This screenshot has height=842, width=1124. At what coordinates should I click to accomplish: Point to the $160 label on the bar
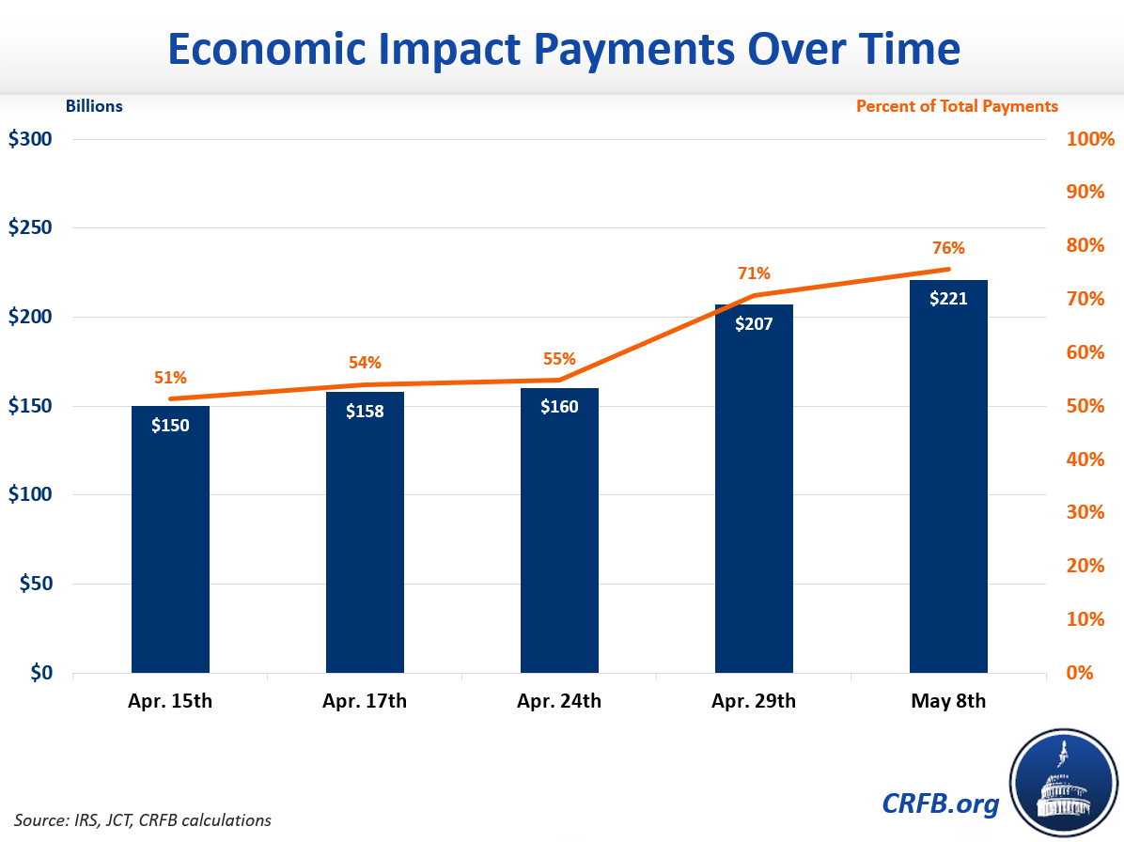[x=559, y=407]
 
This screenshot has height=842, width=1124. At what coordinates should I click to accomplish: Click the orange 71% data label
[x=754, y=273]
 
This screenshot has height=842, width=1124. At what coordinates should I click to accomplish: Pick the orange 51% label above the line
[x=170, y=378]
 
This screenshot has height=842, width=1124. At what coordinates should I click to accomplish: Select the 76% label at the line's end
[x=948, y=248]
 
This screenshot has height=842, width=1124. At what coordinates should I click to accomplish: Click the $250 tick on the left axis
[x=31, y=228]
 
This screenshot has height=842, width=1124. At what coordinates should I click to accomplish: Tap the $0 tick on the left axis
[x=41, y=673]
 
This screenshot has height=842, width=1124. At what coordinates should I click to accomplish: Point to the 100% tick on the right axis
[x=1090, y=139]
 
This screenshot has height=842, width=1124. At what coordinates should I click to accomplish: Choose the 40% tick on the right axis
[x=1090, y=460]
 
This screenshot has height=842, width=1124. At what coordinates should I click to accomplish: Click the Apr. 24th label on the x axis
[x=559, y=701]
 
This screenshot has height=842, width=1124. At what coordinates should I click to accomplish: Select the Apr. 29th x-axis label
[x=754, y=701]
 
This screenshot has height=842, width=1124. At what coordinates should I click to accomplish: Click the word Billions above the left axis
[x=94, y=106]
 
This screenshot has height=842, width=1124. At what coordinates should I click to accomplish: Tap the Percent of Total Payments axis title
[x=957, y=106]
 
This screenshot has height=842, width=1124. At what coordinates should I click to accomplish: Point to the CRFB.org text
[x=941, y=803]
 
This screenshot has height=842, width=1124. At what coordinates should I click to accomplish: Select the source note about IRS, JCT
[x=143, y=819]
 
